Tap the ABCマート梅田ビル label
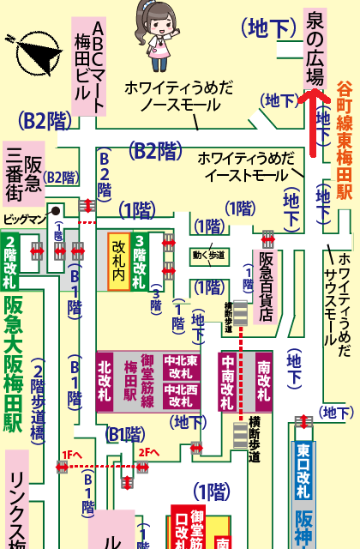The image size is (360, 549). point(88,64)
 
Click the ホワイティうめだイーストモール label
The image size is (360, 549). point(243,166)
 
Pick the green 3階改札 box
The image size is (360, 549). point(139,262)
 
